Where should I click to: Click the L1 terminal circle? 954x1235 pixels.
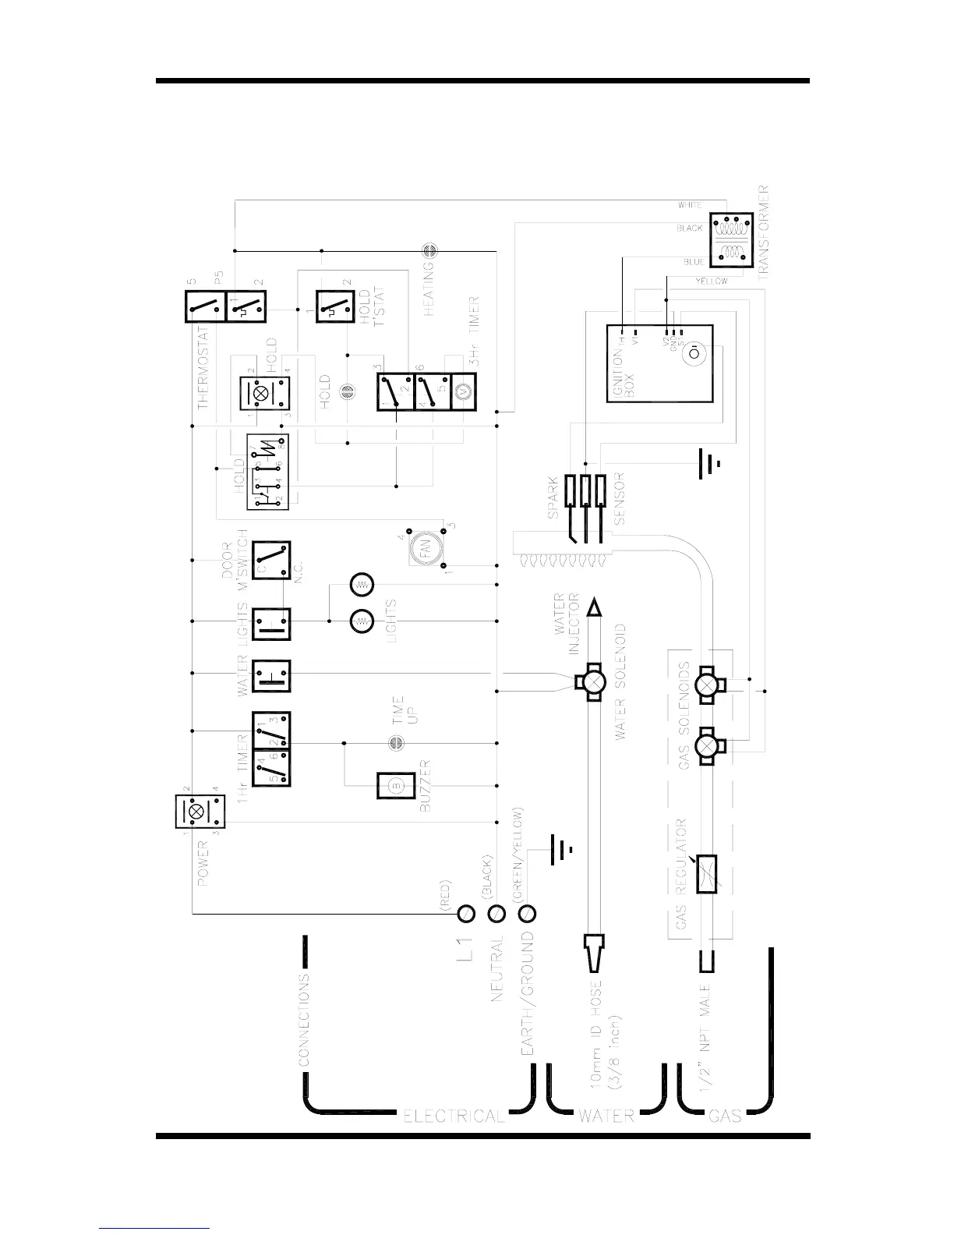pos(466,913)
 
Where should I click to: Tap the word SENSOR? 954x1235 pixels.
pos(620,497)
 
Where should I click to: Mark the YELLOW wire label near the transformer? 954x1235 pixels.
pos(711,281)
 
